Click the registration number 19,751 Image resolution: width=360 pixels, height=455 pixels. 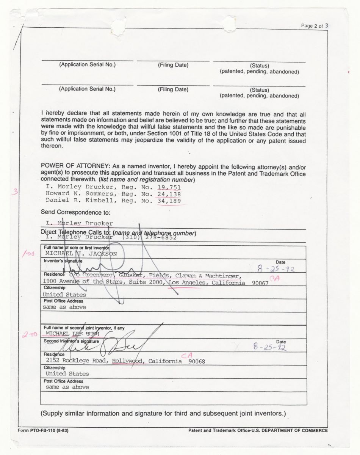[x=169, y=187]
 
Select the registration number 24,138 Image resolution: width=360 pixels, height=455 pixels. [x=169, y=194]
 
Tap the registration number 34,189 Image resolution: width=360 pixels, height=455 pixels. [x=169, y=200]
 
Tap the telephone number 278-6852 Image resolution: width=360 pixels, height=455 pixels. [x=163, y=237]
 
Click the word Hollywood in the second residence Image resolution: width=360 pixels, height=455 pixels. [x=128, y=361]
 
